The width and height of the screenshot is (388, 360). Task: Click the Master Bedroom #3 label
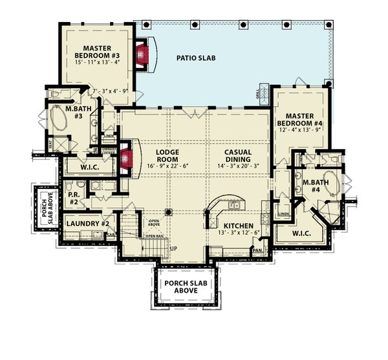98,52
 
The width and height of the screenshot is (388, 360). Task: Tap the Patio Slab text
195,58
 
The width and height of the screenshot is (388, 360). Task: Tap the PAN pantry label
257,250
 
